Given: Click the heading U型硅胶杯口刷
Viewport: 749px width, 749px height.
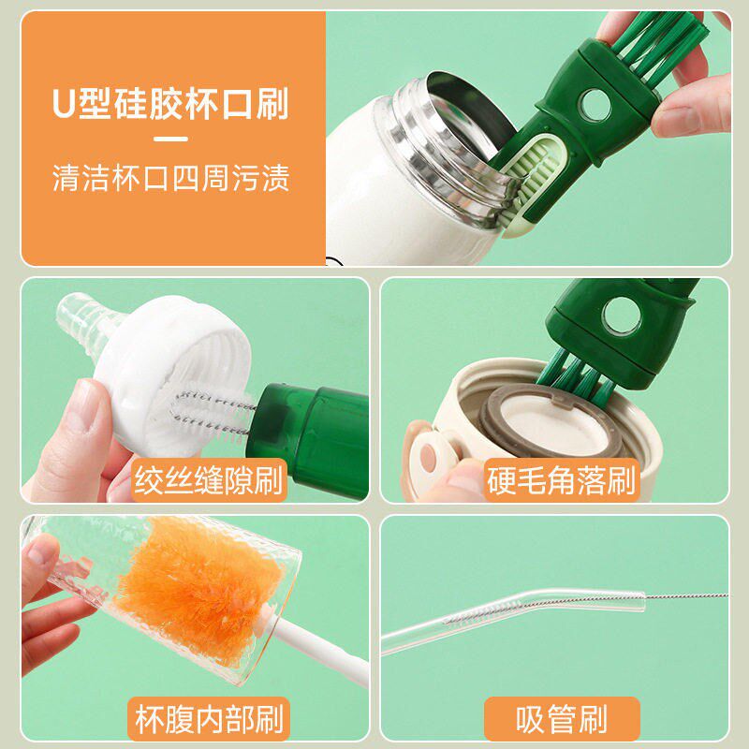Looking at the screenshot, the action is point(170,104).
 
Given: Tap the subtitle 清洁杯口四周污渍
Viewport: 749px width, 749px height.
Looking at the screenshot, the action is point(170,178).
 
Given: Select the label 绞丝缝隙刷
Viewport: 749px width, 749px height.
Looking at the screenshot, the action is point(209,480).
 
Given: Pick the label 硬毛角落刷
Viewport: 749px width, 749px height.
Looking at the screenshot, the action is point(561,480).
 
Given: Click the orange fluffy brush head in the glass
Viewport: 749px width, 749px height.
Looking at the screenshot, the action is point(200,590).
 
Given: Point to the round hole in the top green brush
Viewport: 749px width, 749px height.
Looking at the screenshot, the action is point(595,105).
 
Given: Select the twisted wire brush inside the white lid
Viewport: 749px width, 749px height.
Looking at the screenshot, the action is point(210,412).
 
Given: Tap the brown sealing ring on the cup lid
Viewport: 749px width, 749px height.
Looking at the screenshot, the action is point(550,420).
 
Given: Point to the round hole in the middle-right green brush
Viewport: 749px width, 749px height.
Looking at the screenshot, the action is point(621,316).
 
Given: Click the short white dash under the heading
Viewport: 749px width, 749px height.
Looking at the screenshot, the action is point(170,139).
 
